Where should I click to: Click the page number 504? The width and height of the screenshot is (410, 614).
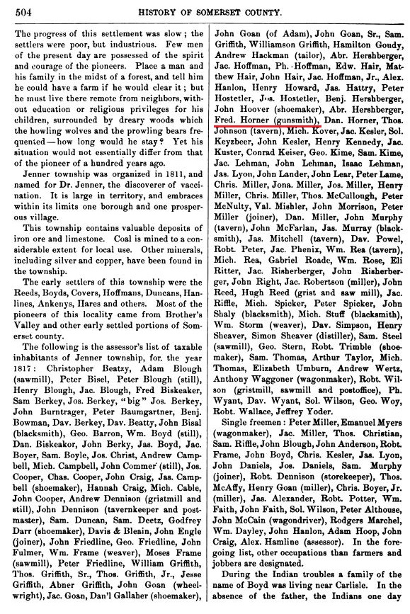point(16,9)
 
